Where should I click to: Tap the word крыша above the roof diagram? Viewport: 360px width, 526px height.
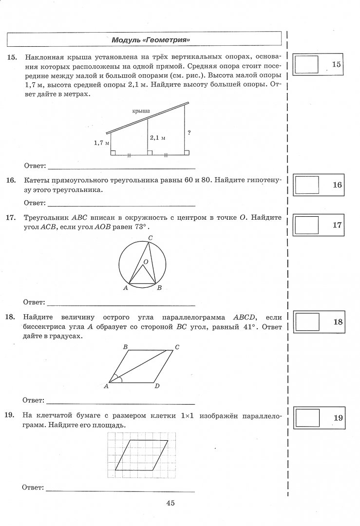[x=141, y=111]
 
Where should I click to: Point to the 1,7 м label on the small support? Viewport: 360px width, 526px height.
[x=101, y=143]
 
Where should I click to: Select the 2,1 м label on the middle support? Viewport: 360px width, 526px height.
[x=158, y=138]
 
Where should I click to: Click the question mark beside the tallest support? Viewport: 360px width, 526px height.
[x=188, y=132]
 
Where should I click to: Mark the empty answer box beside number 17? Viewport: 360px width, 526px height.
[x=306, y=225]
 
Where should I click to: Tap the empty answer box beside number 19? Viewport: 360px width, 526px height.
[x=306, y=418]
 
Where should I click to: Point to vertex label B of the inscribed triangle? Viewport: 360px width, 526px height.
[x=159, y=288]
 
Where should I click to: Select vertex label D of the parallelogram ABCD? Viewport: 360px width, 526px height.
[x=156, y=386]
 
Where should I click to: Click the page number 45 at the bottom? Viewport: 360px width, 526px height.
[x=170, y=504]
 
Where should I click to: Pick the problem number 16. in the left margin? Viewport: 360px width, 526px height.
[x=11, y=180]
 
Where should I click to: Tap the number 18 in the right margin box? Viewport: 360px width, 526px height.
[x=338, y=322]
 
